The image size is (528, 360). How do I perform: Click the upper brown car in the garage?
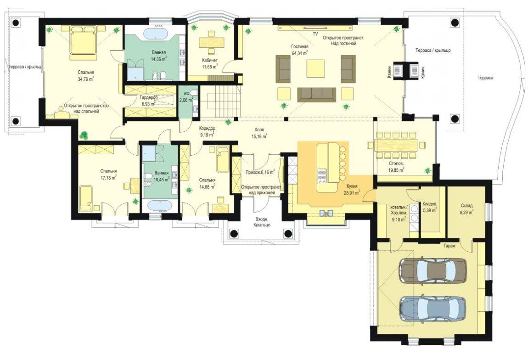[x=433, y=271]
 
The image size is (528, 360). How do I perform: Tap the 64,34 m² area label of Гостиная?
[x=300, y=53]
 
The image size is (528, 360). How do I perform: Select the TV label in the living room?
[x=315, y=34]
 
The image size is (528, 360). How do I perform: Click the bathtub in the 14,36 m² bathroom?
[x=155, y=34]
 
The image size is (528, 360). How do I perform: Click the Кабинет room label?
[x=210, y=60]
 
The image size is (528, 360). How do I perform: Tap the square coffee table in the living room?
[x=315, y=69]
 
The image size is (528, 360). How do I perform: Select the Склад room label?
[x=467, y=205]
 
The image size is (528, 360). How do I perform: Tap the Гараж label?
[x=449, y=246]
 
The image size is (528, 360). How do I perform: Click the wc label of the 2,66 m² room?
[x=186, y=93]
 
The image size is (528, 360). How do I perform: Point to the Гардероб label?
[x=148, y=98]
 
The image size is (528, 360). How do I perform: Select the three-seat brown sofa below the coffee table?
[x=316, y=94]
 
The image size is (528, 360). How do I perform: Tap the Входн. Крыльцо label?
[x=262, y=222]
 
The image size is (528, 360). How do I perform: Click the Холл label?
[x=259, y=129]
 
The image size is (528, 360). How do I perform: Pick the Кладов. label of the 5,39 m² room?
[x=430, y=204]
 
